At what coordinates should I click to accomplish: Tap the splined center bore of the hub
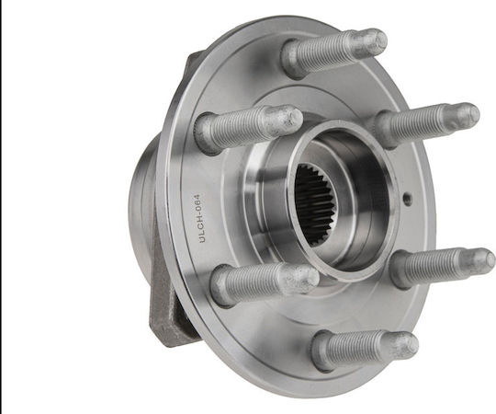point(315,201)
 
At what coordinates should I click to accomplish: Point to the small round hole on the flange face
point(408,199)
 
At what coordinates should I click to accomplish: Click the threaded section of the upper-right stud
point(418,123)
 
